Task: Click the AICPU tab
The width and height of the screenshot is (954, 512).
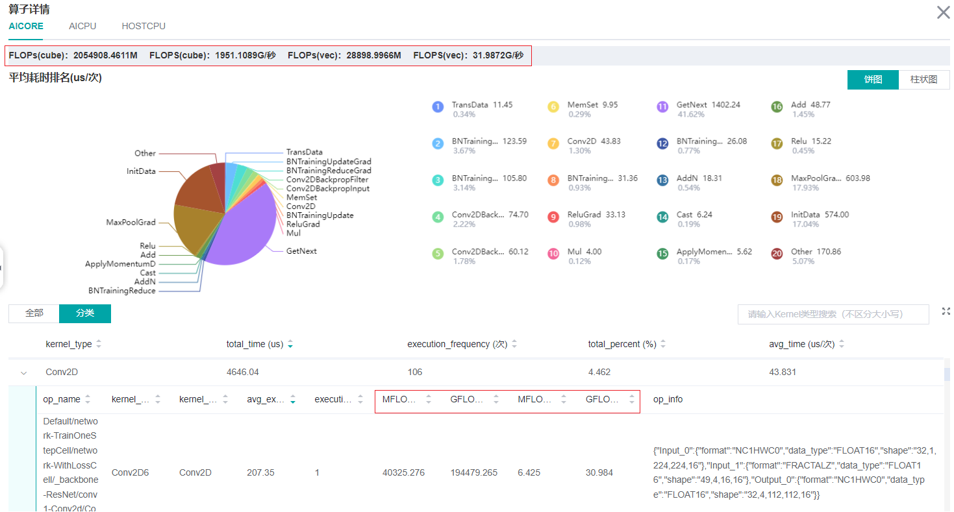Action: [x=82, y=26]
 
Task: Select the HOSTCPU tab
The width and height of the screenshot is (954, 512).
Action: [x=144, y=26]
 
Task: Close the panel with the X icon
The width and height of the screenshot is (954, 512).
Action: [x=943, y=12]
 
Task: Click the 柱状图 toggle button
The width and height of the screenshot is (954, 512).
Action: [x=923, y=79]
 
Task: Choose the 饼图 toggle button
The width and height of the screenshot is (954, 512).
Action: [x=873, y=79]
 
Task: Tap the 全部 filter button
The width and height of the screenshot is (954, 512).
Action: [x=34, y=313]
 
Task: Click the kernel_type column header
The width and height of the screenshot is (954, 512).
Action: [x=69, y=344]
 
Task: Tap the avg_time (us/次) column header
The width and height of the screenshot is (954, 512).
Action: [x=801, y=344]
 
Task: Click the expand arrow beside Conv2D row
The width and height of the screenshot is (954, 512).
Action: [x=24, y=372]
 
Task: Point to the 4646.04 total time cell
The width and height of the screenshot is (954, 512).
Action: [x=243, y=372]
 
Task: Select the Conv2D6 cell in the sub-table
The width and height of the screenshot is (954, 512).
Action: [x=130, y=472]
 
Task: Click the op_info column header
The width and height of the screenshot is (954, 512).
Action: [x=668, y=399]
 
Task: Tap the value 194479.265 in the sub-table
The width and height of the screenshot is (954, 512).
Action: [x=473, y=472]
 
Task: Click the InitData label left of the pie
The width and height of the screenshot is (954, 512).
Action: [x=141, y=171]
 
